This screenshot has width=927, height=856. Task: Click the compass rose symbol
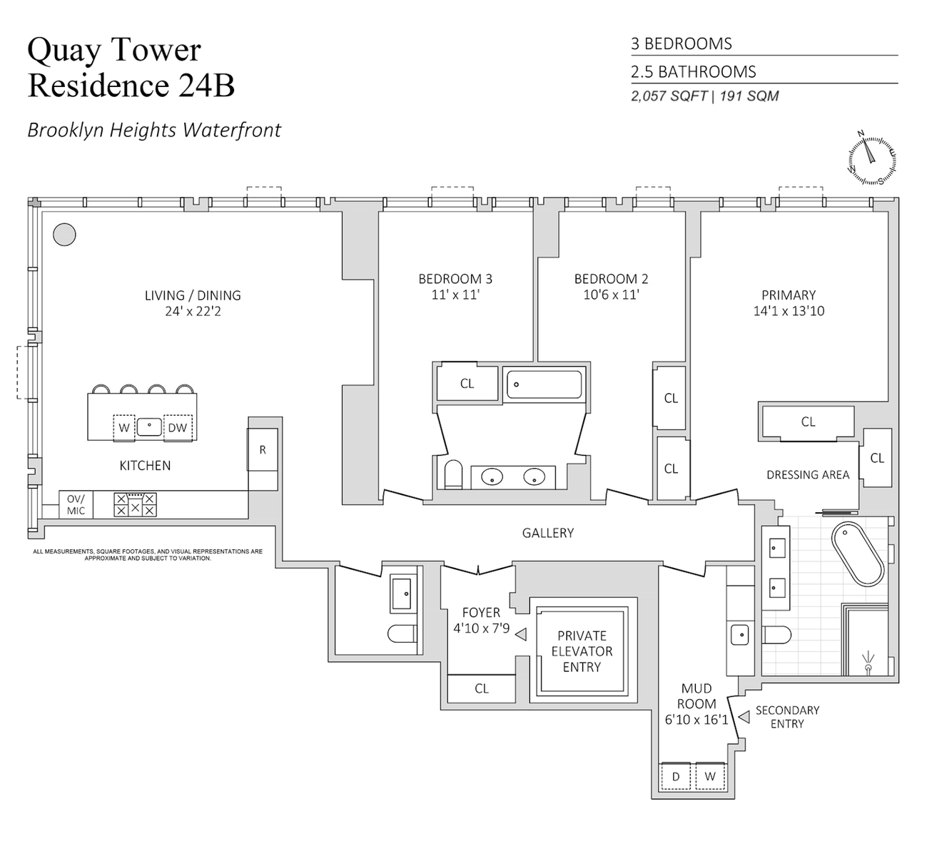pyautogui.click(x=871, y=158)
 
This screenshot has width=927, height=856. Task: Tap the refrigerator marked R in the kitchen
pyautogui.click(x=263, y=450)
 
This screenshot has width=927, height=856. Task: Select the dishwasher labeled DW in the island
pyautogui.click(x=178, y=428)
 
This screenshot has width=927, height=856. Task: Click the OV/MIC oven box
pyautogui.click(x=76, y=505)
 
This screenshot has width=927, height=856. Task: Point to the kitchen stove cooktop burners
pyautogui.click(x=135, y=505)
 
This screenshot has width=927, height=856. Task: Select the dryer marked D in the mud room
pyautogui.click(x=676, y=776)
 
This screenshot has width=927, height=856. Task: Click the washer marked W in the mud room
pyautogui.click(x=709, y=776)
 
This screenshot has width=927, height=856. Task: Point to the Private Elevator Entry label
pyautogui.click(x=582, y=651)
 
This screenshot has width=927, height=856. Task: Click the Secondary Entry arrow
pyautogui.click(x=744, y=717)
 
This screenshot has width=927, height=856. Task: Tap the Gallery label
pyautogui.click(x=547, y=533)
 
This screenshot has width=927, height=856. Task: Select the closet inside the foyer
pyautogui.click(x=481, y=688)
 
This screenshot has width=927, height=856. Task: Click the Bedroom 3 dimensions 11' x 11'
pyautogui.click(x=455, y=294)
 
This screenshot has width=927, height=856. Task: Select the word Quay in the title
pyautogui.click(x=62, y=50)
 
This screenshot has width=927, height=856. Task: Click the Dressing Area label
pyautogui.click(x=807, y=475)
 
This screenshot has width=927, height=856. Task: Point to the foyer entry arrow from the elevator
pyautogui.click(x=521, y=633)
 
